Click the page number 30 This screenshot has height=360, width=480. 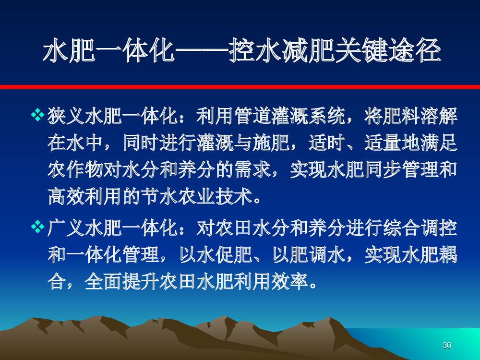click(x=446, y=345)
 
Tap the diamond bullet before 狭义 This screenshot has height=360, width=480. click(x=37, y=115)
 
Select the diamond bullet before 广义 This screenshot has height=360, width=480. click(x=37, y=227)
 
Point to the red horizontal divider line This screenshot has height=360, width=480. click(x=240, y=87)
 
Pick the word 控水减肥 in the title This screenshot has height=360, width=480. click(x=282, y=50)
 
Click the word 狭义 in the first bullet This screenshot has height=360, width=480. click(x=66, y=116)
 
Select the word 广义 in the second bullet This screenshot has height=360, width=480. click(x=66, y=228)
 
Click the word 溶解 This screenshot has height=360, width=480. click(x=439, y=116)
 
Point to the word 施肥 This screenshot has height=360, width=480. click(x=271, y=143)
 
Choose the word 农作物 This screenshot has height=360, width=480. click(x=75, y=170)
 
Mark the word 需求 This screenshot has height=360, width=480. click(x=253, y=170)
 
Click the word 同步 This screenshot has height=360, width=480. click(x=383, y=170)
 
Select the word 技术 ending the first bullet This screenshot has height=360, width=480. click(x=234, y=196)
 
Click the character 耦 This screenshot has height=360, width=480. click(x=448, y=255)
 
